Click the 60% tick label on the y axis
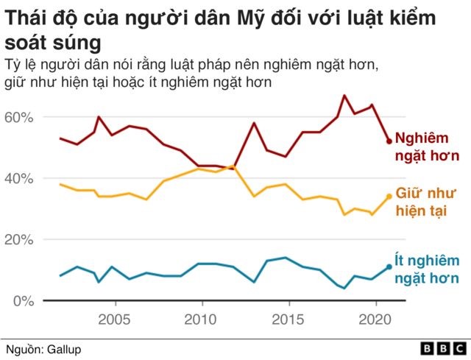[18, 117]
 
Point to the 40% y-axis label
[18, 178]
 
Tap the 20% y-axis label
[18, 240]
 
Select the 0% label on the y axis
[24, 301]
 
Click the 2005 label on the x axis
[114, 320]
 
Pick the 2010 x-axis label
[200, 320]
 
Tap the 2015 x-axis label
[288, 320]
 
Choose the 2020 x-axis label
[375, 320]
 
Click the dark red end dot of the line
[389, 141]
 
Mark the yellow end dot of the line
[389, 197]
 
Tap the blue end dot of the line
[389, 267]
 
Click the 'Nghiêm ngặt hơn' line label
[427, 147]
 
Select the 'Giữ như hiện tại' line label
[425, 202]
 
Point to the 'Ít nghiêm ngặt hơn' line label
[427, 269]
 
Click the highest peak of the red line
[344, 96]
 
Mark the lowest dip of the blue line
[344, 288]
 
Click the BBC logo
[443, 349]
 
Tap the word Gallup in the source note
[64, 350]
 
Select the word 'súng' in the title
[77, 43]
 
